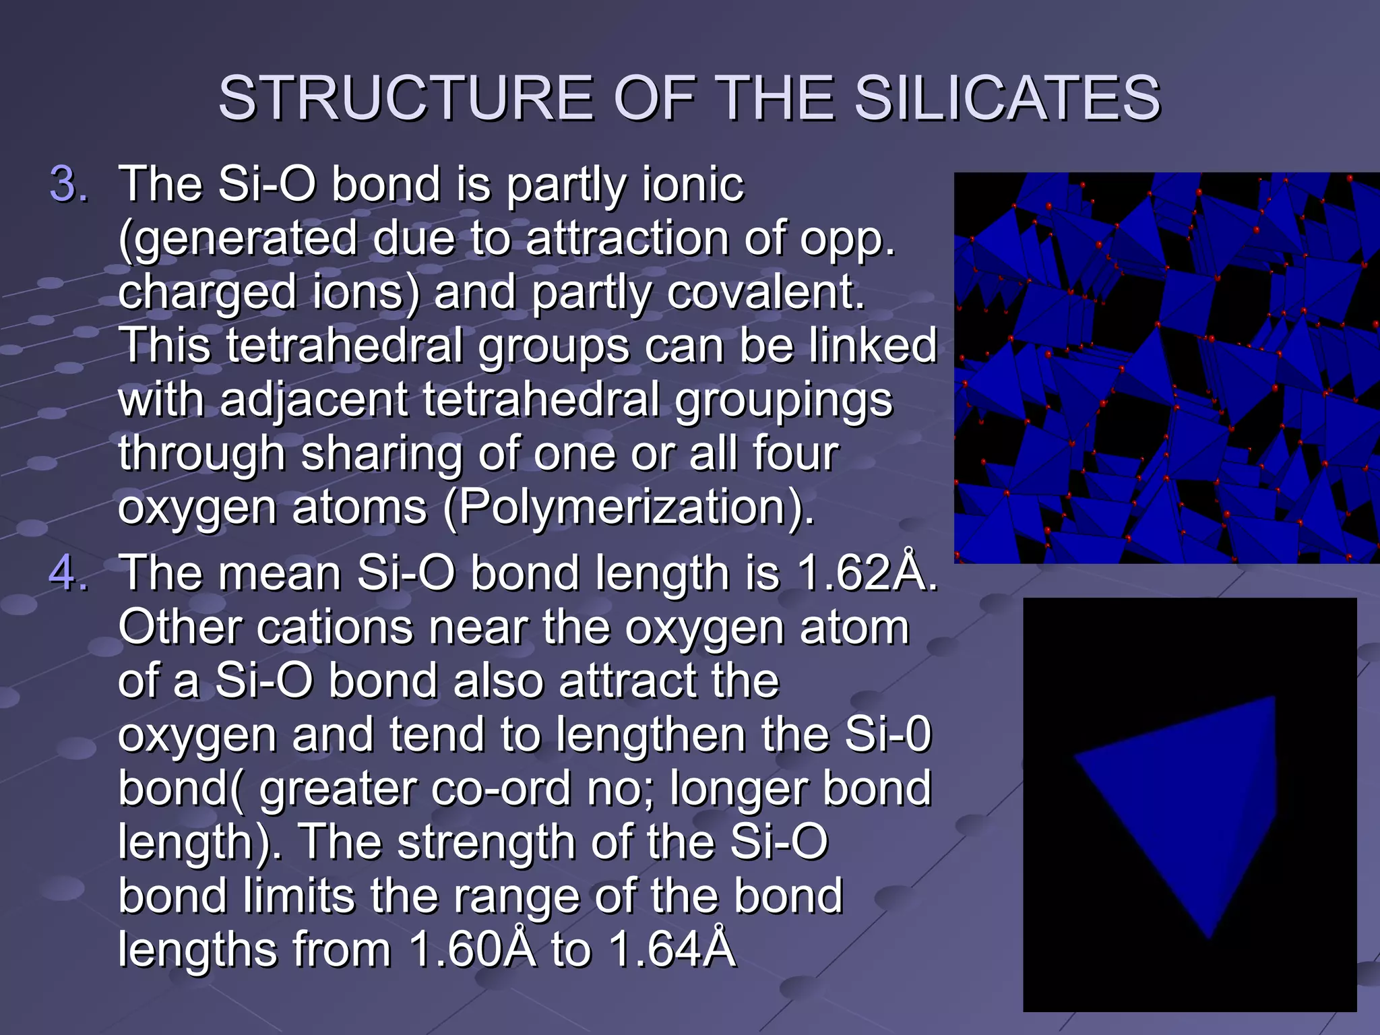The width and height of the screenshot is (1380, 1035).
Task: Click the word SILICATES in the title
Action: [1007, 98]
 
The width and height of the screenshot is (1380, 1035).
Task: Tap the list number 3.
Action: [69, 184]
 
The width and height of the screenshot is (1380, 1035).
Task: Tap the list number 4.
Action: [69, 573]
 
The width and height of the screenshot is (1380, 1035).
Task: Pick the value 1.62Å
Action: [865, 573]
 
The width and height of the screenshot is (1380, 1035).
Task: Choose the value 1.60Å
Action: [472, 949]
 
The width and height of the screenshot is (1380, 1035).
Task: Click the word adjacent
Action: [313, 400]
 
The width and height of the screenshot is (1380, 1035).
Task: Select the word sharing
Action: [381, 453]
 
